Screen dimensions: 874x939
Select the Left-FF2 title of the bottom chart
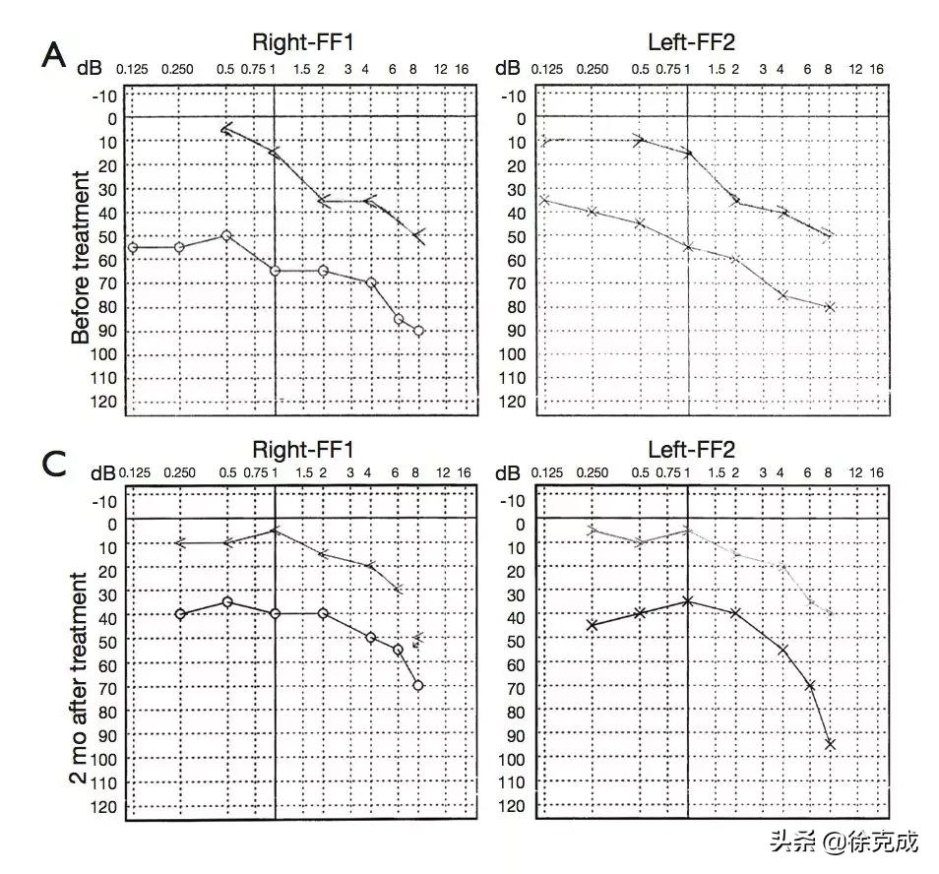(x=691, y=450)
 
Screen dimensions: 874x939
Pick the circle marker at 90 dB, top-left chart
(x=419, y=331)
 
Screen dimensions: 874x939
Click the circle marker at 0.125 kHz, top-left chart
(x=133, y=247)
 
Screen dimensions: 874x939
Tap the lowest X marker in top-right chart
(x=830, y=307)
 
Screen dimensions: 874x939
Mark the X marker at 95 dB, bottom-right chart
(x=830, y=744)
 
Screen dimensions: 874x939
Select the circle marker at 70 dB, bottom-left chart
(x=418, y=685)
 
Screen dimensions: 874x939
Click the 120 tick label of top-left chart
(x=106, y=402)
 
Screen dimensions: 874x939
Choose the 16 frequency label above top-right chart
(x=876, y=69)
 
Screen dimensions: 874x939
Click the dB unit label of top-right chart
(x=508, y=69)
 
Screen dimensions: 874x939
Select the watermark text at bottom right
(x=844, y=843)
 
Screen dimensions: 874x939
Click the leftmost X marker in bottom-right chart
(x=592, y=625)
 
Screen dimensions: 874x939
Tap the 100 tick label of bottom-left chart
(x=106, y=759)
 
